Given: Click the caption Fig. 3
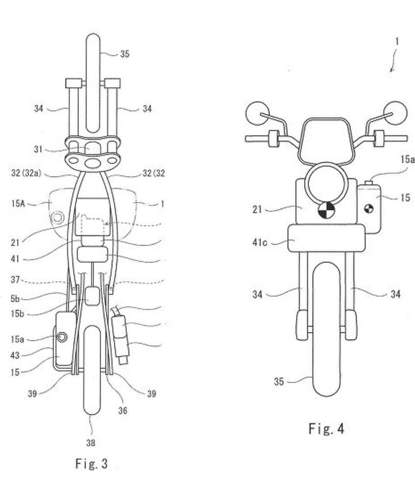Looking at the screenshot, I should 91,464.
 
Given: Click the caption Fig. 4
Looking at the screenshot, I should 326,429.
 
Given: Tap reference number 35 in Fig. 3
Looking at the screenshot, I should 125,55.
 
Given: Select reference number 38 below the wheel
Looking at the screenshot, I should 91,442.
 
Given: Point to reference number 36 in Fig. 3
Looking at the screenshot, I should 123,411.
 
